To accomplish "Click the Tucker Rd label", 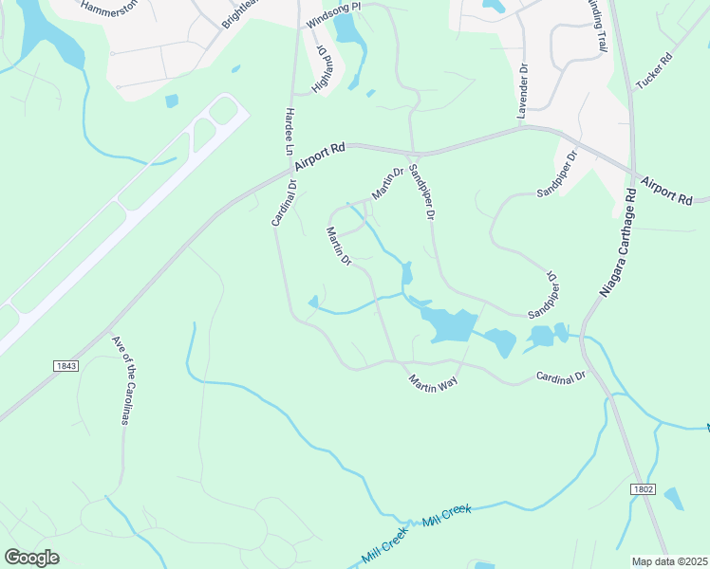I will pyautogui.click(x=653, y=70).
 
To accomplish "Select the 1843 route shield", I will pyautogui.click(x=65, y=365).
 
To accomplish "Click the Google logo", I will pyautogui.click(x=31, y=557).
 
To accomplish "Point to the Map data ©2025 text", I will pyautogui.click(x=670, y=561).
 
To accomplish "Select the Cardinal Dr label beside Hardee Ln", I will pyautogui.click(x=284, y=202).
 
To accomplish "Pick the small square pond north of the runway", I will pyautogui.click(x=172, y=101).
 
